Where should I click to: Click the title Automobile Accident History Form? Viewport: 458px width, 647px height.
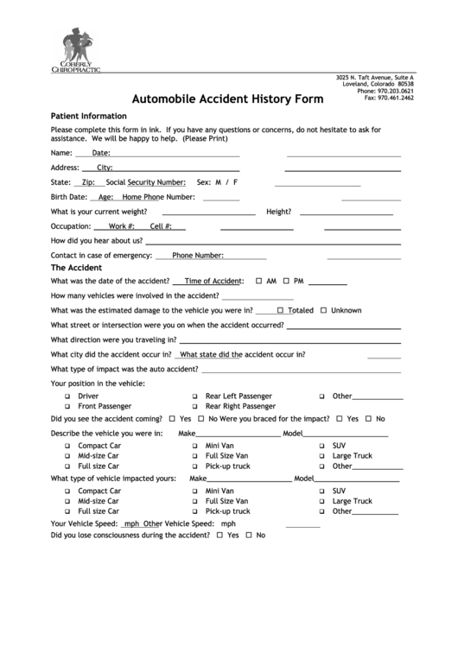(x=228, y=98)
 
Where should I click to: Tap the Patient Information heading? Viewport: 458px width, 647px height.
(x=89, y=116)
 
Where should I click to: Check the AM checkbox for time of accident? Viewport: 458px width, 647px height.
(x=259, y=282)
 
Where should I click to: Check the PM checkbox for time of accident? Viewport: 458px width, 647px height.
(x=287, y=282)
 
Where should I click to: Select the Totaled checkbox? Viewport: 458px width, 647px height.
(x=281, y=310)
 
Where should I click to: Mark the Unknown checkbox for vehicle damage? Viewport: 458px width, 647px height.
(x=324, y=310)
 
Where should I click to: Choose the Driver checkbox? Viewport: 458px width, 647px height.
(x=67, y=396)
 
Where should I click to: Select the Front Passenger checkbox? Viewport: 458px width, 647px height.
(x=67, y=406)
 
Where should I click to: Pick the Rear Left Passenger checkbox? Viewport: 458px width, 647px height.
(x=195, y=396)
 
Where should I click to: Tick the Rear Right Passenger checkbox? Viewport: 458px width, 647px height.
(x=195, y=406)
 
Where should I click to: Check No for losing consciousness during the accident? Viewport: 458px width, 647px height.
(x=249, y=536)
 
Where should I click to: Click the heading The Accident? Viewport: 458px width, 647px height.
(x=77, y=268)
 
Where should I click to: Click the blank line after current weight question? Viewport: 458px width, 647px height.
(x=208, y=212)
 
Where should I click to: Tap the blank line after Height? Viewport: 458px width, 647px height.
(x=344, y=212)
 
